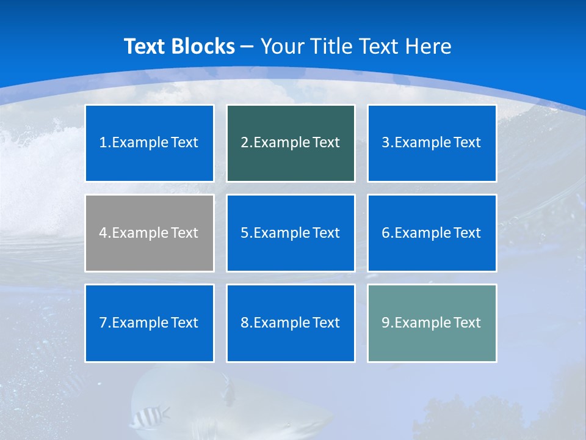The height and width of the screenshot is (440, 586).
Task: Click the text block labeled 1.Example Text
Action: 149,143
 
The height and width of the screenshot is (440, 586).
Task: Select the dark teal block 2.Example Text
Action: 291,143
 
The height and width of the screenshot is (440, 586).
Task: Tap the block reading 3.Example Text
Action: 432,143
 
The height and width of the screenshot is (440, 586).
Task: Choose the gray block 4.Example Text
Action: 149,233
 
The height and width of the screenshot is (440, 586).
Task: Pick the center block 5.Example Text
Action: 291,233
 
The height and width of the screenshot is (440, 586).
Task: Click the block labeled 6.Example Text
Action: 432,233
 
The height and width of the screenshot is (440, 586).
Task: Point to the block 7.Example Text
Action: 149,323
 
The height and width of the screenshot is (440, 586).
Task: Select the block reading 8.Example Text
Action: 291,323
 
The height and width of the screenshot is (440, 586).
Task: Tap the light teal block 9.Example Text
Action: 432,323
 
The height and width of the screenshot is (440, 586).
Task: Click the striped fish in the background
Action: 147,417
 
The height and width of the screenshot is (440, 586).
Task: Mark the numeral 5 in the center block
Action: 244,233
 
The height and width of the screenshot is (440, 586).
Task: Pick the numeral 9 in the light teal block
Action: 386,323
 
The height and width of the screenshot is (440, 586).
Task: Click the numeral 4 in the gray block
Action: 103,233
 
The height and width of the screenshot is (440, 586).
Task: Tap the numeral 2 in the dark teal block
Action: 244,143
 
